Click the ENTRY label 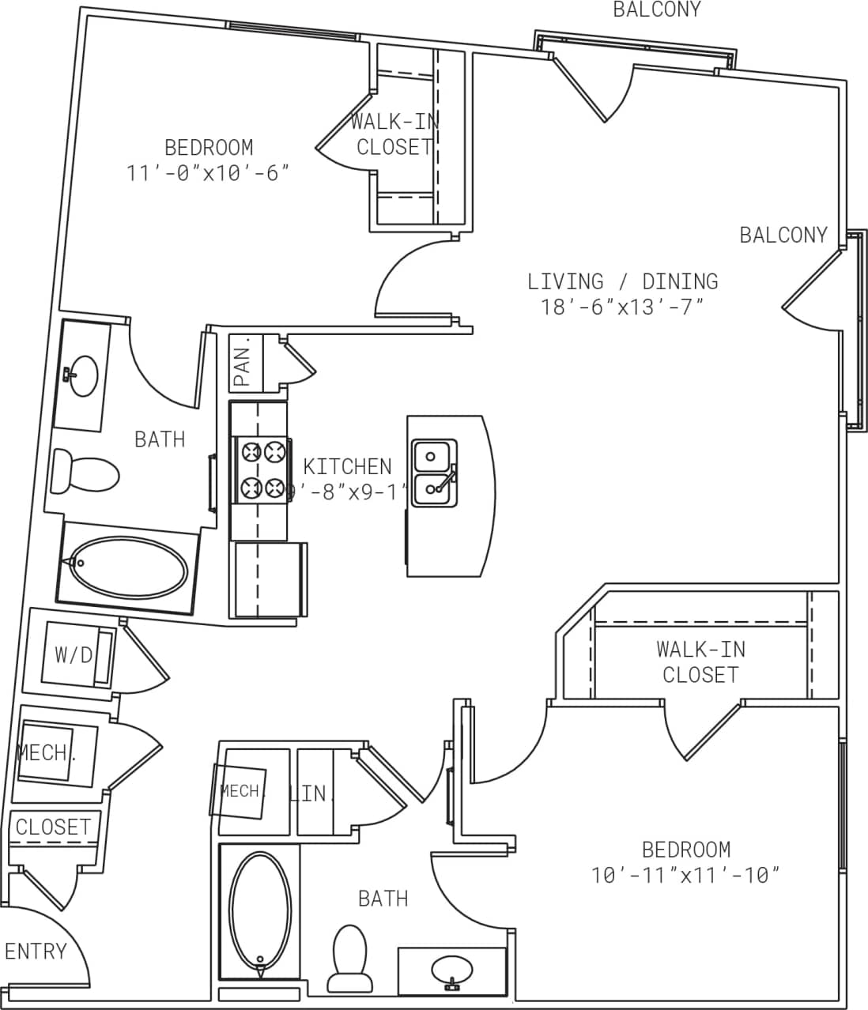click(x=36, y=951)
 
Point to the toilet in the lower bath click(x=349, y=957)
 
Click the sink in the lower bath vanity click(x=452, y=968)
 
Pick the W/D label click(x=73, y=654)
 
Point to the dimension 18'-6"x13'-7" click(x=622, y=307)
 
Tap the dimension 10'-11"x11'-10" click(x=685, y=875)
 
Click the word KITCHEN click(x=347, y=466)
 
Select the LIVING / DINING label click(x=622, y=281)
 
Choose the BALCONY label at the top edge click(x=656, y=9)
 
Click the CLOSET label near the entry click(x=53, y=827)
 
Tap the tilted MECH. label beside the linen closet click(x=240, y=790)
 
